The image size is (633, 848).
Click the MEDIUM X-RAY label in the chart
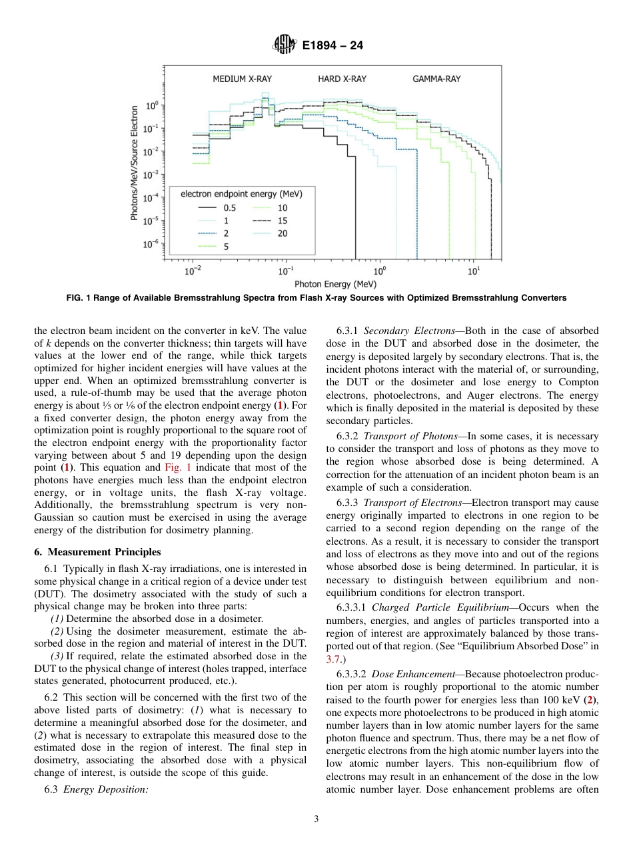[242, 79]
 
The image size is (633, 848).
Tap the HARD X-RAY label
[342, 79]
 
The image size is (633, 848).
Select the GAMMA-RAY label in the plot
[436, 79]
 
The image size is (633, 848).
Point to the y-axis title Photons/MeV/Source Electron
[135, 163]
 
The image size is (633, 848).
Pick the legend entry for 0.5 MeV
[217, 208]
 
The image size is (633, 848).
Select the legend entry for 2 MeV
[217, 233]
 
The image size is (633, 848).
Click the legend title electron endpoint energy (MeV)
[241, 194]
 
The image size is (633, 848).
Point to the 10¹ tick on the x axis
[474, 271]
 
